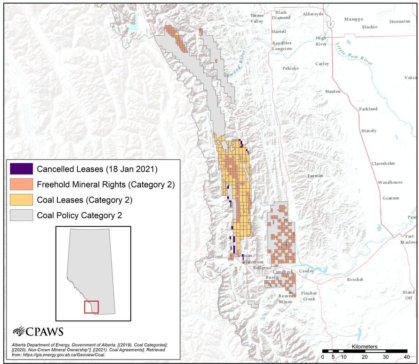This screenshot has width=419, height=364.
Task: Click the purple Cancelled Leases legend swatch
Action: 21,169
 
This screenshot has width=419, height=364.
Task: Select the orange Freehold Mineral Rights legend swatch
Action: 21,184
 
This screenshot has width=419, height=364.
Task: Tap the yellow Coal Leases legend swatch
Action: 21,200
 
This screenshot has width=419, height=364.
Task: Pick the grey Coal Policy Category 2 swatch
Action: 21,215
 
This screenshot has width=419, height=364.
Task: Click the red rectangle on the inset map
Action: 91,307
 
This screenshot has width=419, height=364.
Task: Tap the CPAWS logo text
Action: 38,331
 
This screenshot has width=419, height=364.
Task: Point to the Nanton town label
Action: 333,91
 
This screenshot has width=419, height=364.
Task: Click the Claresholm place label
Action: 383,164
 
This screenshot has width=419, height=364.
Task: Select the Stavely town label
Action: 369,131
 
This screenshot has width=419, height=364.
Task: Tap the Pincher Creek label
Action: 309,296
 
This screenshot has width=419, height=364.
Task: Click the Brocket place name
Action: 355,280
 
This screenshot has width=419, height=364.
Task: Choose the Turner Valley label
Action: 257,18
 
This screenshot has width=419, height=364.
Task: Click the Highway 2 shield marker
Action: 330,24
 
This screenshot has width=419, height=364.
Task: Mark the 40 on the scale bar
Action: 406,357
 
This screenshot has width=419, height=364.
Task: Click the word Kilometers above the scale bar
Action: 365,347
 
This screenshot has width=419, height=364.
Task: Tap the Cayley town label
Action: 322,64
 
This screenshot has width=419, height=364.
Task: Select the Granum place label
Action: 391,198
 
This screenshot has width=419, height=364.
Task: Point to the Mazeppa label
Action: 353,19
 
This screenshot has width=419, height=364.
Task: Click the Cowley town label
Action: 306,271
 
